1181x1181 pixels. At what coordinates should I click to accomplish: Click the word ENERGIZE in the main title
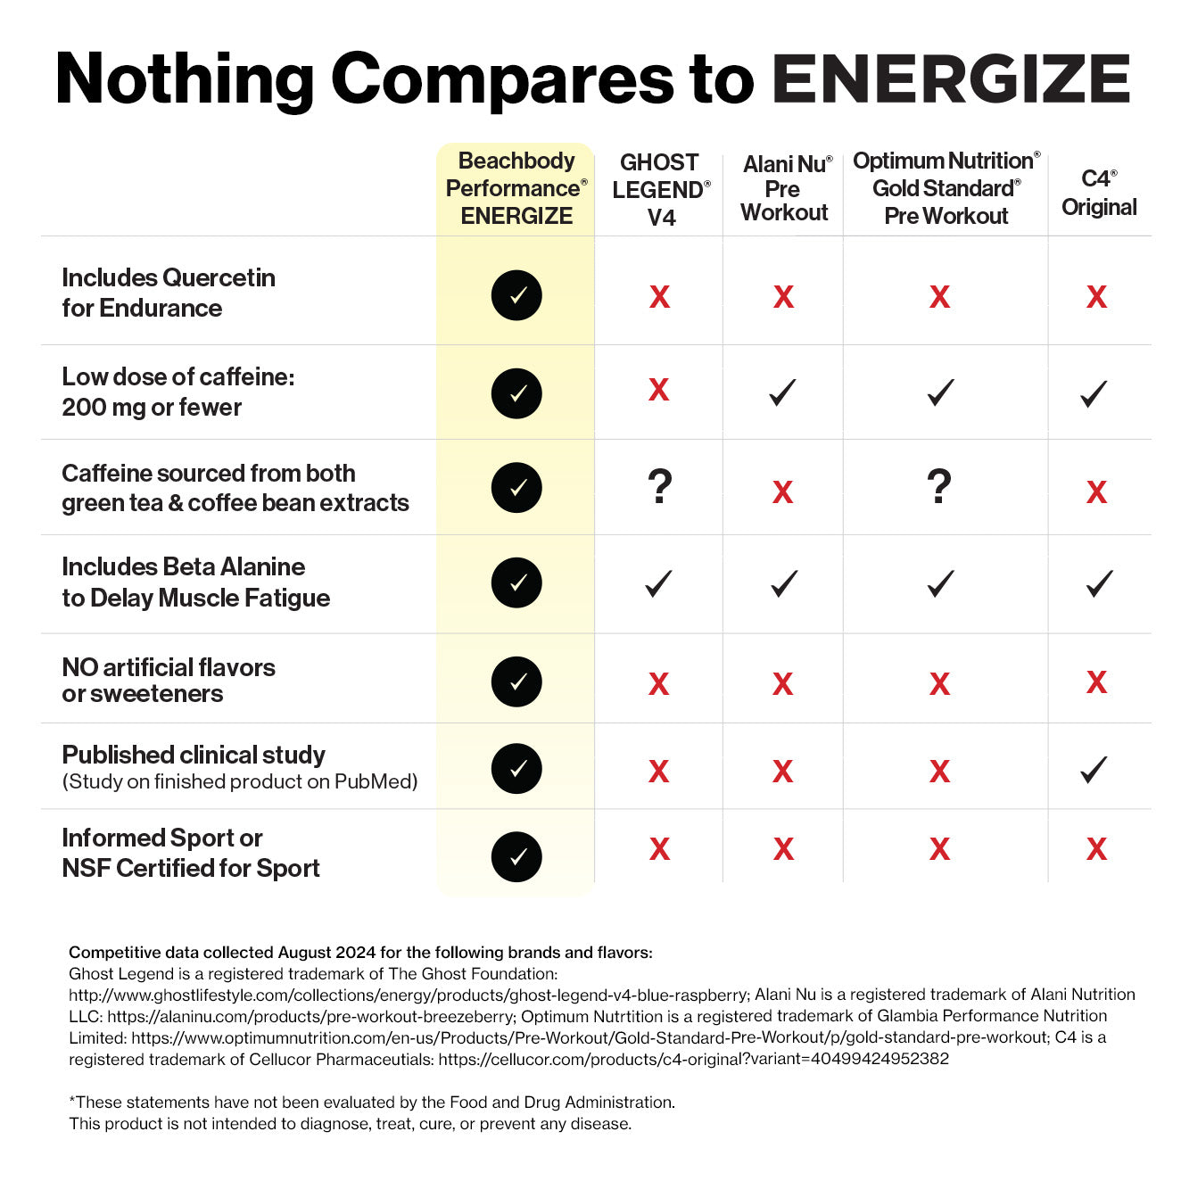click(x=951, y=79)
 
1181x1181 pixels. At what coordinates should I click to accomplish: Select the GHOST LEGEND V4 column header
click(x=660, y=190)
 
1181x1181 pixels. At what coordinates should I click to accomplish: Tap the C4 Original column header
click(x=1098, y=193)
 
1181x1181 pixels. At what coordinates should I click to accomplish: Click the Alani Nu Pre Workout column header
click(x=784, y=188)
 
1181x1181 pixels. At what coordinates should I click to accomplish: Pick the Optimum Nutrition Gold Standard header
click(x=946, y=188)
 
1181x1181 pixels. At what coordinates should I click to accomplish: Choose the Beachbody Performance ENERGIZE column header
click(x=516, y=188)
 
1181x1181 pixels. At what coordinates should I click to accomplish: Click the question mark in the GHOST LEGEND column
click(x=660, y=487)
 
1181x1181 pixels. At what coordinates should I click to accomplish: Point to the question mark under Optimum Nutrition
click(x=939, y=487)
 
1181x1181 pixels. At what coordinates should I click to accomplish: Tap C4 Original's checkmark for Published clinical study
click(x=1094, y=770)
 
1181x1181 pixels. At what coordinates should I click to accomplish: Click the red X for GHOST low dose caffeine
click(x=658, y=390)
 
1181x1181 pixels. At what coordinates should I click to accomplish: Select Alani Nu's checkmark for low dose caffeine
click(x=782, y=392)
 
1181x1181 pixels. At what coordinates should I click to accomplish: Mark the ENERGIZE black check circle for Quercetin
click(x=516, y=295)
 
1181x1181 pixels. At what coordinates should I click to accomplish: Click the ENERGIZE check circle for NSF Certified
click(x=516, y=856)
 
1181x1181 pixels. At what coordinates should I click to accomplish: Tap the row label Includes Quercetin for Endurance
click(x=168, y=293)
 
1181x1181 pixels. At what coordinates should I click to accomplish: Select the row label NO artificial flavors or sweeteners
click(x=168, y=681)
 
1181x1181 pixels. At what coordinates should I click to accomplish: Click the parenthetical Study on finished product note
click(x=239, y=782)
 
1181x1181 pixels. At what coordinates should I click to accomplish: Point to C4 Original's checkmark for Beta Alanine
click(x=1099, y=584)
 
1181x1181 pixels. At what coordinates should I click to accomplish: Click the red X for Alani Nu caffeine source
click(x=782, y=491)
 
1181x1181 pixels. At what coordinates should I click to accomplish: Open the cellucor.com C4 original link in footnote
click(x=693, y=1059)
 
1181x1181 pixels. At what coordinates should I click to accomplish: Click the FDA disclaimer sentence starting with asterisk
click(x=371, y=1103)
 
